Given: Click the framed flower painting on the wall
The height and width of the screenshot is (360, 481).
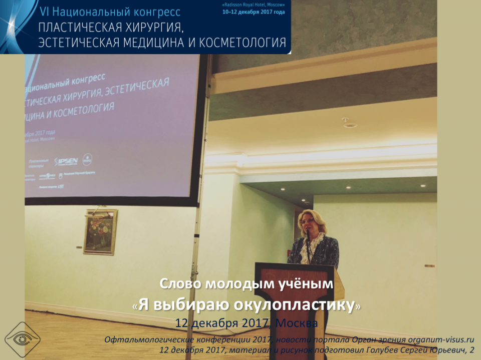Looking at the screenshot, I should coord(100,231).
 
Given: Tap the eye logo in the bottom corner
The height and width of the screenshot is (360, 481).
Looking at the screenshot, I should coord(22,338).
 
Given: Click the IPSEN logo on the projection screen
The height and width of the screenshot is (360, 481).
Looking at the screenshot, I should coord(66,161).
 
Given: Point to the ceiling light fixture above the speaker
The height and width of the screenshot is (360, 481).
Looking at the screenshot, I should coord(350,123).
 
